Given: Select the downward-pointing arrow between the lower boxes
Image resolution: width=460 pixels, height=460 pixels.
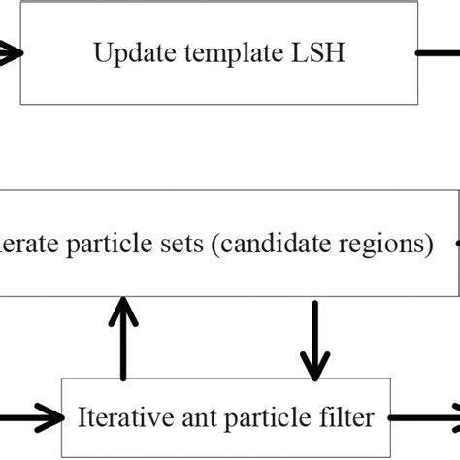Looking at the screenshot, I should (313, 340).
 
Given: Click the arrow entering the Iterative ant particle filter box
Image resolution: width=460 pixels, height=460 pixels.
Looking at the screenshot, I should (34, 418).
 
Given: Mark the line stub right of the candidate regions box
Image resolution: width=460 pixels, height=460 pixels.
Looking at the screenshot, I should (457, 245).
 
